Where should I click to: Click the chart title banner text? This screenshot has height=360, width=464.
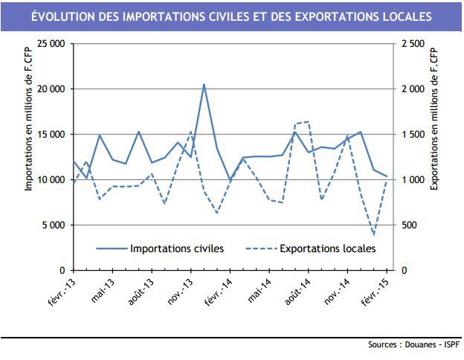[231, 16]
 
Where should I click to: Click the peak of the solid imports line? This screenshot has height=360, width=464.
[204, 85]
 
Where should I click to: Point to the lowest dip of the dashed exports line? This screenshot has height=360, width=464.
[373, 235]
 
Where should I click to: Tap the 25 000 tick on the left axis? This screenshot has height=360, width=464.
[50, 44]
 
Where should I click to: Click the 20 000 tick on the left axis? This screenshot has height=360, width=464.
[50, 89]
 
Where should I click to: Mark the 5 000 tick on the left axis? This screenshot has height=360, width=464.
[53, 225]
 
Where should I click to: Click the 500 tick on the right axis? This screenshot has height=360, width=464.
[408, 225]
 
